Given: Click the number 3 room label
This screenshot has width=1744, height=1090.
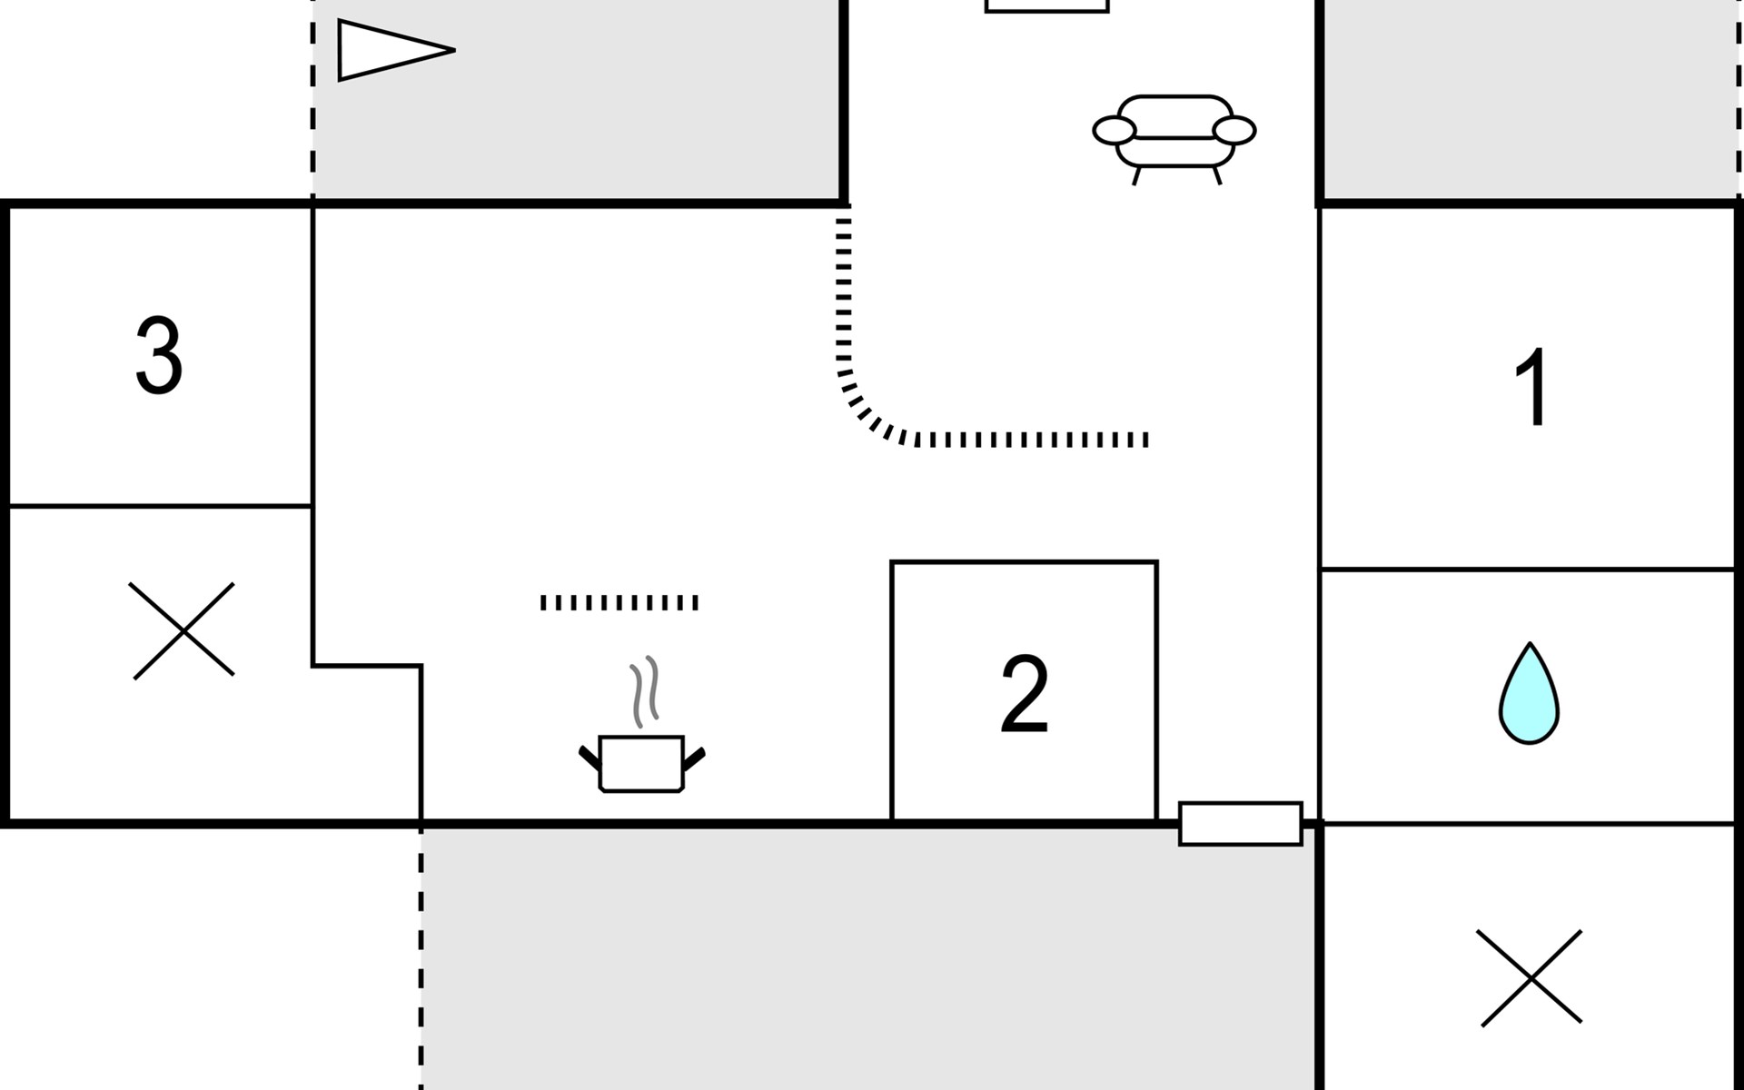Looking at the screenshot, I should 159,355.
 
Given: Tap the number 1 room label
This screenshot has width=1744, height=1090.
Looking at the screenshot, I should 1532,387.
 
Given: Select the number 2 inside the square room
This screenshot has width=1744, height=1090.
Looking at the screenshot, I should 1024,695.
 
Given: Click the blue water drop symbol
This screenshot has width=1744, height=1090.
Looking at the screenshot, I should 1529,695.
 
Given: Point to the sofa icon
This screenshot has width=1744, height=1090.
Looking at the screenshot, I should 1174,136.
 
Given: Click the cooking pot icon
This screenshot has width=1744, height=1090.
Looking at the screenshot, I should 641,764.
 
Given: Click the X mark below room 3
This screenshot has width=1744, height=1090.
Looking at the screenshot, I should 182,630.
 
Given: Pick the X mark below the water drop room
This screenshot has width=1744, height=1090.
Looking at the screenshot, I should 1531,978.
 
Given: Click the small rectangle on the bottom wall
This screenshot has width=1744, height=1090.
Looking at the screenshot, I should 1240,824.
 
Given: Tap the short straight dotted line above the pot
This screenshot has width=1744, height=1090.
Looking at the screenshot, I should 619,602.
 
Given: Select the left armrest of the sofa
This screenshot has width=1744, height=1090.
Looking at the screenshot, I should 1115,131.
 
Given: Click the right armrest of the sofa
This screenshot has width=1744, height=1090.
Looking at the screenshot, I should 1234,131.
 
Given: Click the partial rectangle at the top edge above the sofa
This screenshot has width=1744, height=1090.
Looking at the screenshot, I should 1046,5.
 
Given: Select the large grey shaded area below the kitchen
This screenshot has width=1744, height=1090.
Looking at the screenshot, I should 867,958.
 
